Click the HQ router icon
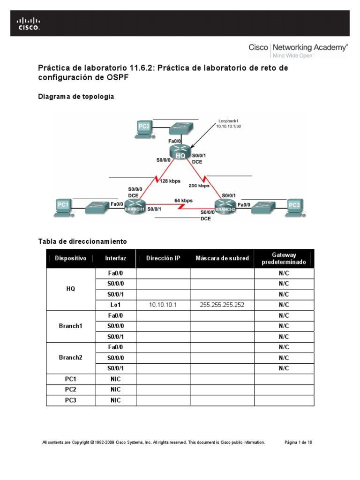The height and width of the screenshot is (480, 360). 180,153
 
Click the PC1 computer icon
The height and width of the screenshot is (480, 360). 64,207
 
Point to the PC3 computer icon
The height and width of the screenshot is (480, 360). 293,207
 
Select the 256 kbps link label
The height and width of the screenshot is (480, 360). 199,185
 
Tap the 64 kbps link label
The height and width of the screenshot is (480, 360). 183,201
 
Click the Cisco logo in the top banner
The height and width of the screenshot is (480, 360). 29,23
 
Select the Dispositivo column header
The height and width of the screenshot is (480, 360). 70,258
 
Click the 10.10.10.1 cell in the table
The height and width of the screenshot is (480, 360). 163,305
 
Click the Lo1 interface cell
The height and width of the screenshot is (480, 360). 115,305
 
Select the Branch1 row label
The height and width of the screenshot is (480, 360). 70,326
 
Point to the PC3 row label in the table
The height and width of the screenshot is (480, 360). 70,400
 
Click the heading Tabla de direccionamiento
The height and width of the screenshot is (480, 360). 82,241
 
